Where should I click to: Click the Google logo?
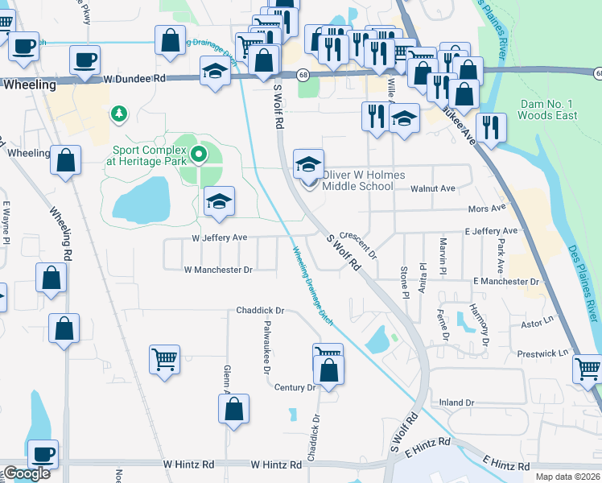26,474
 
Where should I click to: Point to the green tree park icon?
119,114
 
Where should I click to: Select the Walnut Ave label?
433,188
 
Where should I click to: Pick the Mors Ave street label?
487,208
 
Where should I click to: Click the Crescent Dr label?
359,244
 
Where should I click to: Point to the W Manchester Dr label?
218,270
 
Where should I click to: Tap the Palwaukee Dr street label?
266,346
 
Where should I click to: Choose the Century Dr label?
295,387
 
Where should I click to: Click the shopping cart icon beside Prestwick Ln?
588,369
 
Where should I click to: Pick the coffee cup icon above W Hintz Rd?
43,453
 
